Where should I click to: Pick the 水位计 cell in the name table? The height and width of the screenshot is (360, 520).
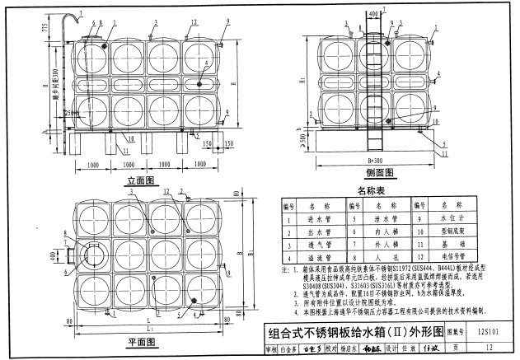point(455,219)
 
